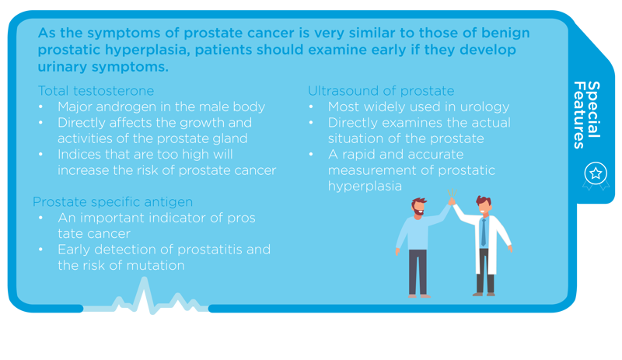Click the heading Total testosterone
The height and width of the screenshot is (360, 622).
click(96, 91)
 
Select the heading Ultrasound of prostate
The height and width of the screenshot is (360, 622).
click(381, 91)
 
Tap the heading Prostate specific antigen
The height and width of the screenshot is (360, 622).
click(113, 202)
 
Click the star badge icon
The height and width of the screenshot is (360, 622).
click(596, 173)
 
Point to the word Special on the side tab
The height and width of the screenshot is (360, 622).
click(593, 110)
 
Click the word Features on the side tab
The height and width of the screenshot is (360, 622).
click(579, 115)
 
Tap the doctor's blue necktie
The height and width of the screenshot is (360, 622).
click(483, 232)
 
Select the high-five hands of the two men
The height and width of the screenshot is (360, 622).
click(452, 201)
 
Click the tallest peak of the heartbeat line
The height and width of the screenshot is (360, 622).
click(144, 278)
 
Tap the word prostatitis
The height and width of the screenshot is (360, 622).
click(209, 250)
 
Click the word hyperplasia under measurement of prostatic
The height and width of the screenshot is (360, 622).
click(365, 186)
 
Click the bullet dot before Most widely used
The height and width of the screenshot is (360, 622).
click(311, 107)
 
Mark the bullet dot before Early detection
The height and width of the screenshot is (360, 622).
click(40, 250)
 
